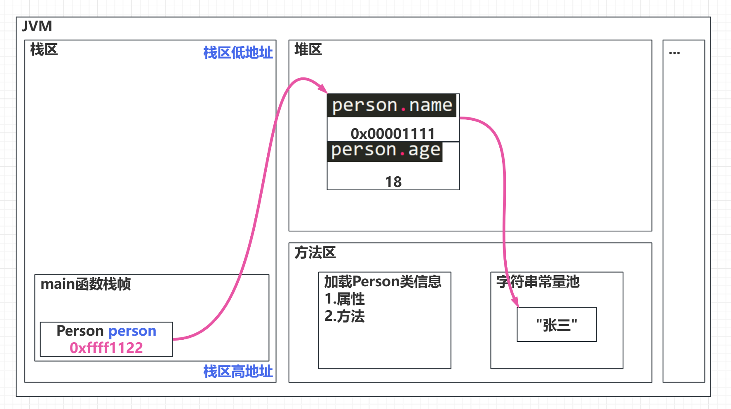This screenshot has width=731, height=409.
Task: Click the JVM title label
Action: (37, 26)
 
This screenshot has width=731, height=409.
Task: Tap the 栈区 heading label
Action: (44, 50)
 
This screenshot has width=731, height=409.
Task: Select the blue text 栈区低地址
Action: (238, 53)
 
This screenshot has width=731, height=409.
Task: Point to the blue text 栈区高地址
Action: (238, 372)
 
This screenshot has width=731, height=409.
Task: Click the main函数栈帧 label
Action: (85, 284)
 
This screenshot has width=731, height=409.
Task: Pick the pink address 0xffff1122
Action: (106, 348)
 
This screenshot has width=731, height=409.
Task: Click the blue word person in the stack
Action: (132, 331)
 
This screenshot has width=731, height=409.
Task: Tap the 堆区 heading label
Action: (308, 50)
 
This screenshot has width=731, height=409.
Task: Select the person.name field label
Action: (392, 105)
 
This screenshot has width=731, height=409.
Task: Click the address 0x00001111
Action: (393, 133)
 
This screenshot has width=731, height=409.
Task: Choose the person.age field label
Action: (385, 150)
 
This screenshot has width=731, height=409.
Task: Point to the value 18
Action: (393, 182)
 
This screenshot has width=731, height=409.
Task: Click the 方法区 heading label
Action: (315, 252)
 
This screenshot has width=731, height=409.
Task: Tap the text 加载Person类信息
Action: (383, 282)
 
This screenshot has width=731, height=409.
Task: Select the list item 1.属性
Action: (345, 299)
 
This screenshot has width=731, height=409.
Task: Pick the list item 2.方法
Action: (345, 316)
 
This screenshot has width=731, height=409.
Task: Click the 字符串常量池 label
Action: (538, 282)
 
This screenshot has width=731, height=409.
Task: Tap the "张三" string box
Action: (557, 325)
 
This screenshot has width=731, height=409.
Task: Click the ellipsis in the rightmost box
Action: (674, 53)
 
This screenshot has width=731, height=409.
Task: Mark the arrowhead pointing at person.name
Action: (323, 89)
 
